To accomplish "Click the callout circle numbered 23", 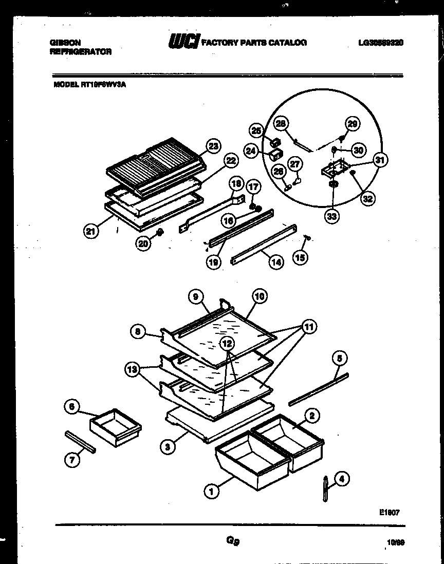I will [x=213, y=146].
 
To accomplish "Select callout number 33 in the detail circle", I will [x=332, y=217].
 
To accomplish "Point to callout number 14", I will [x=276, y=261].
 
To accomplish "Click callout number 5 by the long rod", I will [x=339, y=358].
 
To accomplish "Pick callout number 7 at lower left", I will [x=72, y=460].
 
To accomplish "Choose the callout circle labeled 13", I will [x=133, y=368].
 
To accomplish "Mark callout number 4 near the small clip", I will [x=341, y=480].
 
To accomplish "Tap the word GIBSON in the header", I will [x=65, y=43].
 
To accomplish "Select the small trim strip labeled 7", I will [x=81, y=442].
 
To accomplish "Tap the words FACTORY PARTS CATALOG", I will [x=255, y=43].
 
